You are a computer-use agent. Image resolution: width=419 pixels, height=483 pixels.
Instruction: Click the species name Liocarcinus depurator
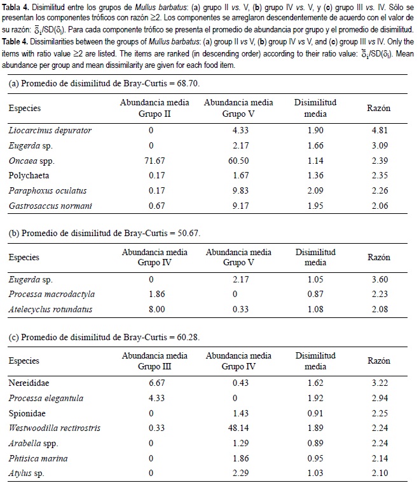click(x=50, y=130)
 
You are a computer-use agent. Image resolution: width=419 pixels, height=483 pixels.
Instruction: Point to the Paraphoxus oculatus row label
click(x=48, y=190)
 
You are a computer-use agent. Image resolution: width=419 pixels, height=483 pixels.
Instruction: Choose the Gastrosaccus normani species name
click(x=50, y=206)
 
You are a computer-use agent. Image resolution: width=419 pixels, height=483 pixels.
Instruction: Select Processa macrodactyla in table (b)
click(x=52, y=294)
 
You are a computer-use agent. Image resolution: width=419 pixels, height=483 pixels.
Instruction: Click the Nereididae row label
click(x=30, y=383)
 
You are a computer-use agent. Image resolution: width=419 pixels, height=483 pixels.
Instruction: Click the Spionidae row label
click(x=28, y=413)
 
